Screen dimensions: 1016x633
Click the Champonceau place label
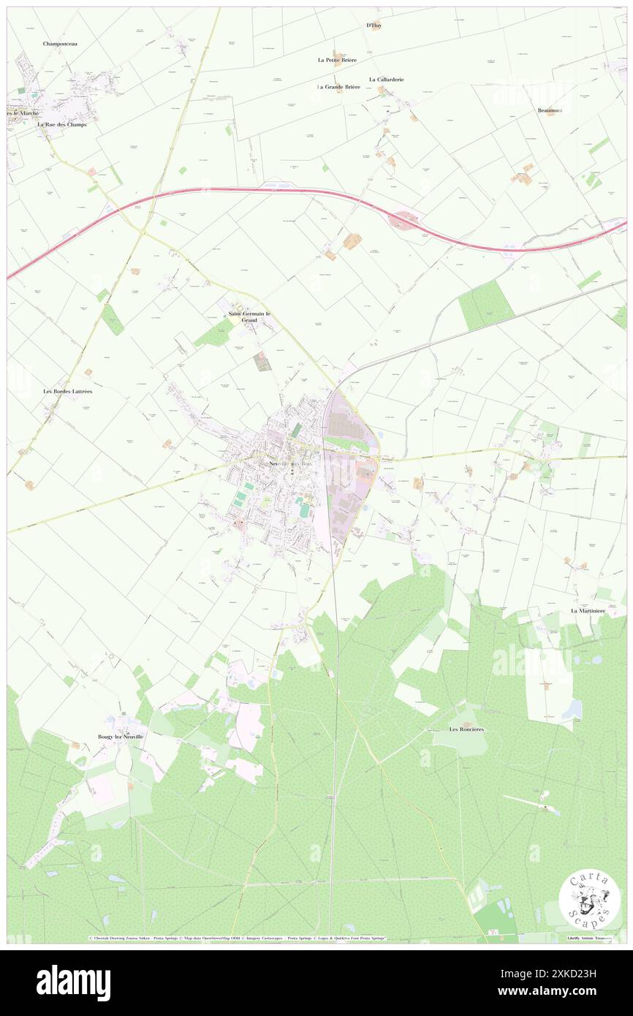point(60,44)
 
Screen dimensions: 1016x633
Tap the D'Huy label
point(374,26)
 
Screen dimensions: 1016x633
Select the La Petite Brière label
point(336,60)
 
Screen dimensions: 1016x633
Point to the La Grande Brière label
point(338,87)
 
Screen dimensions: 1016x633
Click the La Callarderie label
point(386,79)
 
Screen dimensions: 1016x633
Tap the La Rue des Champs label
point(62,124)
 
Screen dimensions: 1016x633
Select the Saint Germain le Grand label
point(249,316)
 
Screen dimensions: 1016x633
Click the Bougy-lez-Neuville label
point(121,736)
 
